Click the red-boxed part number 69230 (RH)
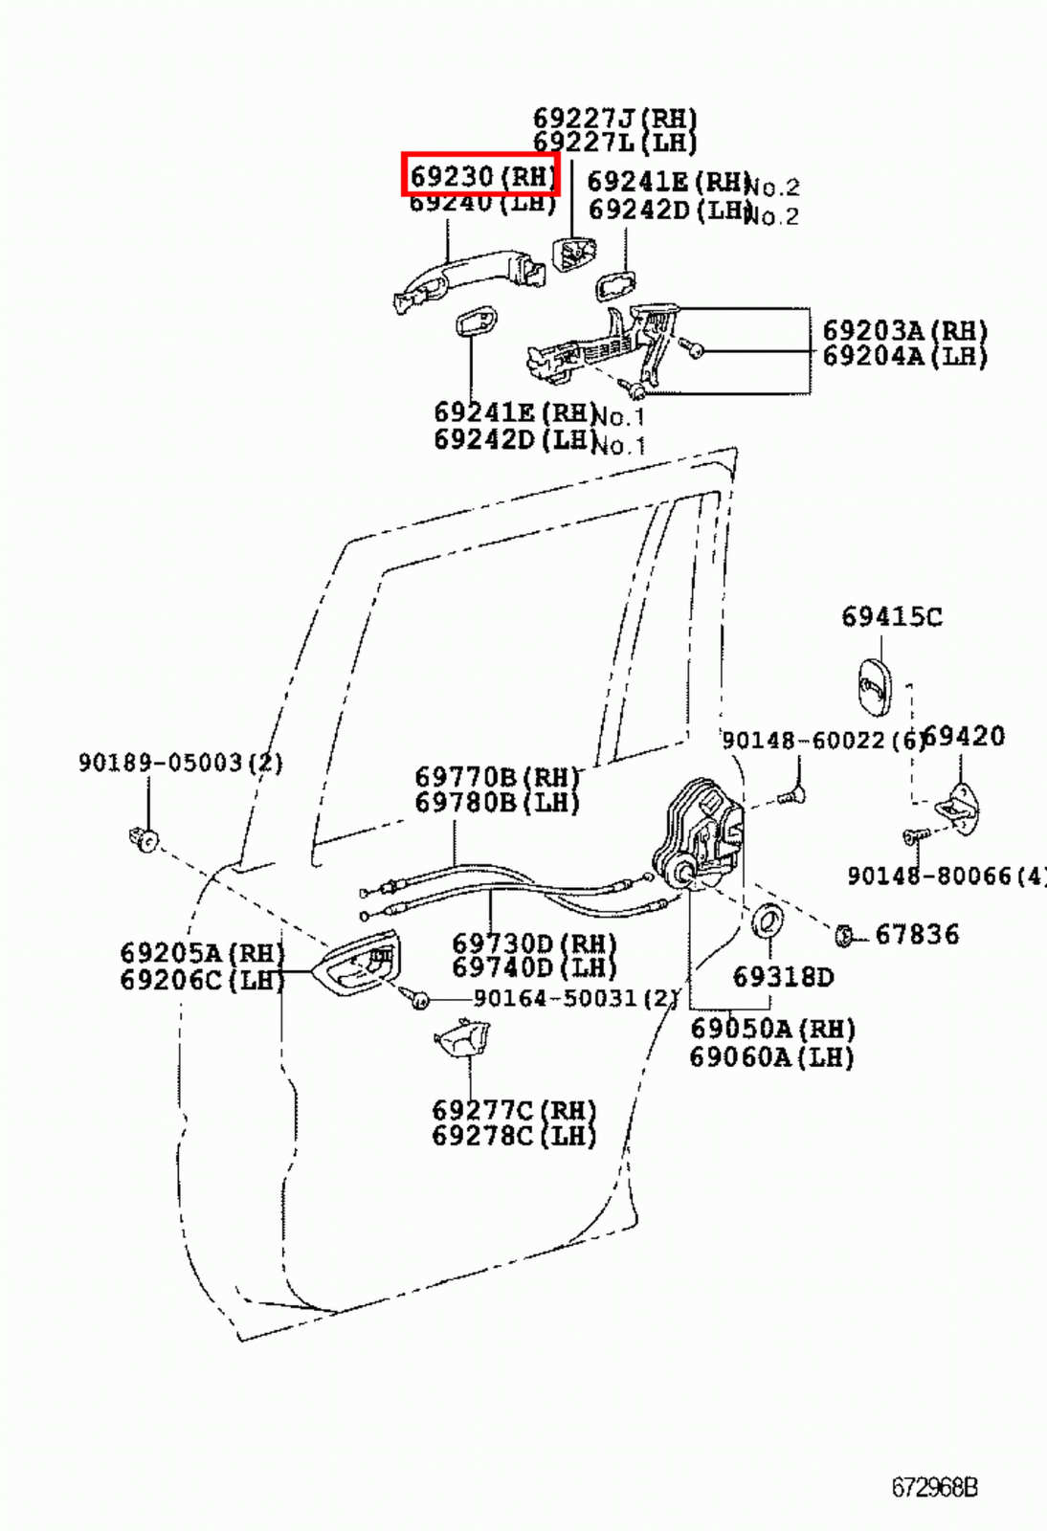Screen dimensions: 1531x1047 tap(480, 176)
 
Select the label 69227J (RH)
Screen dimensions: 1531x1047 tap(614, 119)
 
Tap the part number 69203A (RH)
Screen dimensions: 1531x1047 tap(904, 331)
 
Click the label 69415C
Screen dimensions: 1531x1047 tap(891, 617)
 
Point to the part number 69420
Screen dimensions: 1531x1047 tap(965, 737)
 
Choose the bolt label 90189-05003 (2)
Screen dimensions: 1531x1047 tap(180, 763)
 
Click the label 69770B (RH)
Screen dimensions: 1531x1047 tap(498, 776)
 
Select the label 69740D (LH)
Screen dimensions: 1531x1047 tap(534, 967)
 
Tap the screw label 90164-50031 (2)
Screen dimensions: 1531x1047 tap(575, 998)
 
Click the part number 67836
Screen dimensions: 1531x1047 tap(916, 935)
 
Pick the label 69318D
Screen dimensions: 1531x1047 tap(783, 977)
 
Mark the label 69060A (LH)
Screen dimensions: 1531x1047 tap(771, 1057)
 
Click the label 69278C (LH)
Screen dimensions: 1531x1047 tap(514, 1136)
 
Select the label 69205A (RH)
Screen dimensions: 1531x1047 tap(202, 953)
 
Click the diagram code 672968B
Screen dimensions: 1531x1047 tap(934, 1488)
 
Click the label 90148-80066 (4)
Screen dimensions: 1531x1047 tap(946, 876)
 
